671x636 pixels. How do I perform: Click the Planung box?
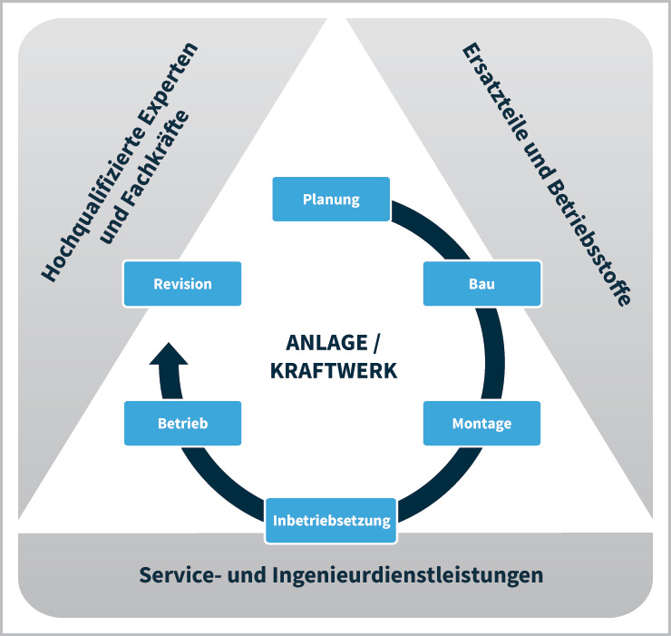pos(331,200)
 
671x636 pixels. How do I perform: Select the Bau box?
pos(481,283)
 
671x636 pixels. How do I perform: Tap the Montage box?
pos(481,423)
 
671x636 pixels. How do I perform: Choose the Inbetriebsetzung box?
pos(331,521)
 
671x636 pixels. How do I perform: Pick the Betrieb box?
pos(183,423)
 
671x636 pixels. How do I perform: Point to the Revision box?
pos(183,283)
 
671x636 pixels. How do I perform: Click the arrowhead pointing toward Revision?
pos(169,354)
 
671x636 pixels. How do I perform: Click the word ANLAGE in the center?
pos(326,343)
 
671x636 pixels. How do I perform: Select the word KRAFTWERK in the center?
pos(334,371)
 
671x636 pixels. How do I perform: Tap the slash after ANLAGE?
pos(375,343)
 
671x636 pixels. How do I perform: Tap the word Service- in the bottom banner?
pos(180,574)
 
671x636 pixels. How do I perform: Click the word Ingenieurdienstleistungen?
pos(408,575)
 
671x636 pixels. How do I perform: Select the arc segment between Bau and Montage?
pos(494,354)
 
